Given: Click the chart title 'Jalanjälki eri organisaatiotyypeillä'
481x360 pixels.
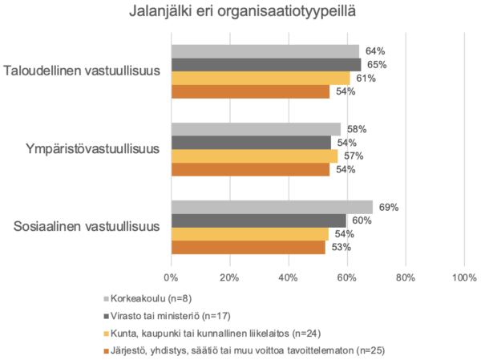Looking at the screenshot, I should coord(240,14).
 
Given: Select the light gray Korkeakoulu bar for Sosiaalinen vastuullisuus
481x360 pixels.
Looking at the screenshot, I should coord(272,208).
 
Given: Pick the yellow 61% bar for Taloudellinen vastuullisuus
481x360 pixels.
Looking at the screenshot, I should coord(261,78).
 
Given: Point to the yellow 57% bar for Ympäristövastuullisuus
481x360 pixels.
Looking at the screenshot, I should coord(254,156).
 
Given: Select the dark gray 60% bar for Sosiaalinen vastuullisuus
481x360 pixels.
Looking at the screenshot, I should coord(259,220).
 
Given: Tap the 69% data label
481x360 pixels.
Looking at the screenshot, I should coord(389,208).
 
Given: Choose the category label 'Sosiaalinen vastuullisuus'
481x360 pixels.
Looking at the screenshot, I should coord(89,227).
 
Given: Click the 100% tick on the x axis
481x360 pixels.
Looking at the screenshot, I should coord(464,277).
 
